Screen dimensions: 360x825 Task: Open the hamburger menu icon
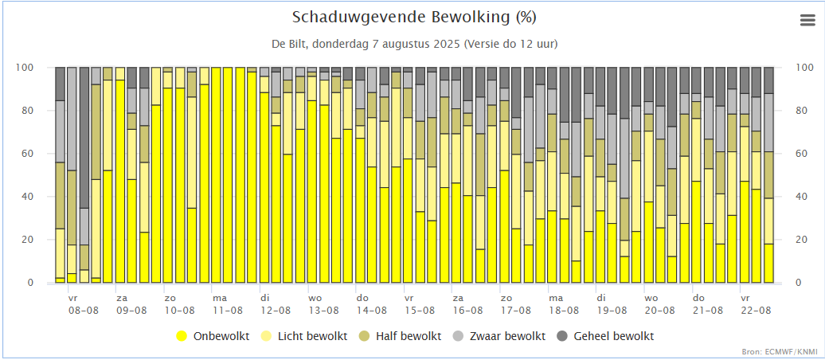tap(807, 22)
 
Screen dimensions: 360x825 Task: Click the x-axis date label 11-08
tap(228, 311)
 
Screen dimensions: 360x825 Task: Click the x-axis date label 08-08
tap(84, 311)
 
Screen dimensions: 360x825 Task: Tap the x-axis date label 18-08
tap(564, 311)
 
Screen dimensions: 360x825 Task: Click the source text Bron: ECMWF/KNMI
tap(784, 351)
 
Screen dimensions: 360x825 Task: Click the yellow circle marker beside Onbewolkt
tap(182, 336)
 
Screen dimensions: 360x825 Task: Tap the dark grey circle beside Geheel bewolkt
tap(561, 336)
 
